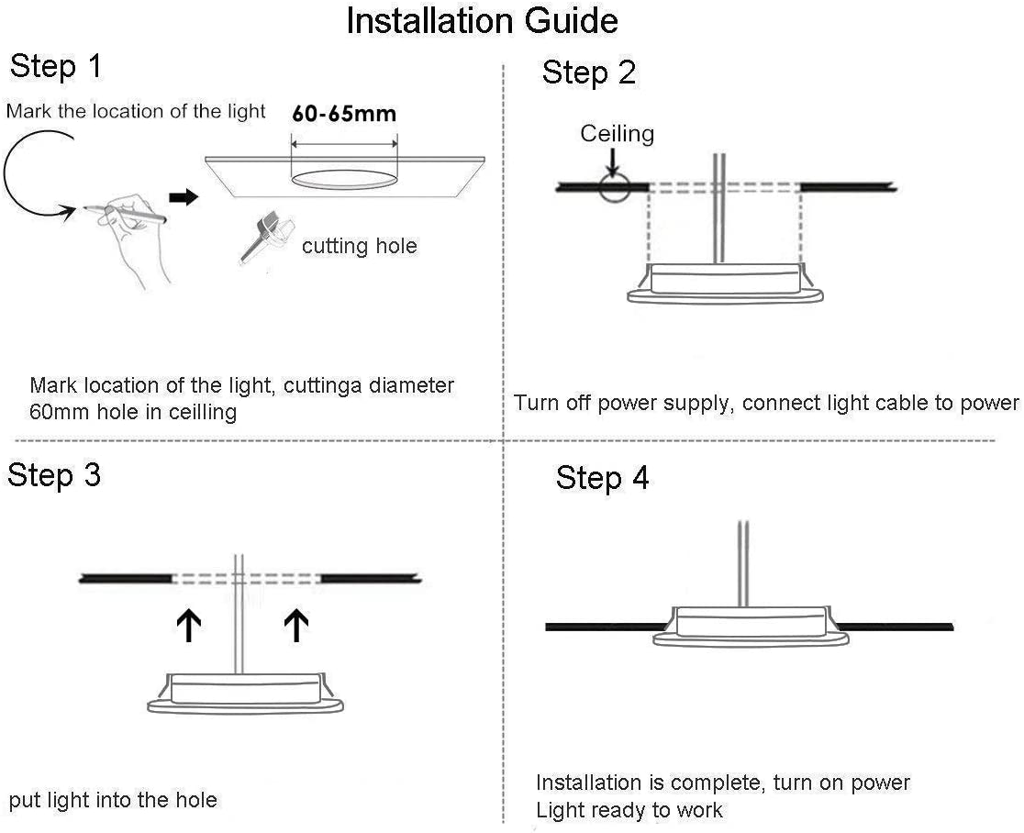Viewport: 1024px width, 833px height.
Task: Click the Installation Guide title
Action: pos(482,21)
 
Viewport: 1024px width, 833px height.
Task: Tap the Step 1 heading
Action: pos(57,67)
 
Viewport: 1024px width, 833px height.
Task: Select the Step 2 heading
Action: pos(588,72)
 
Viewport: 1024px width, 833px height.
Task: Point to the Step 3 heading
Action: pos(54,475)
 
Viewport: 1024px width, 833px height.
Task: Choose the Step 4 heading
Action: pos(602,478)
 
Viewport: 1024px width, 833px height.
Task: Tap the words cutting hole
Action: pos(359,246)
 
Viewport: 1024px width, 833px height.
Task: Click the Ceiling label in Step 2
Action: pos(617,134)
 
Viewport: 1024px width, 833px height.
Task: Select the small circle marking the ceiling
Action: pos(613,187)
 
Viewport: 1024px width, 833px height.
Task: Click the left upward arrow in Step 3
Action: pos(189,627)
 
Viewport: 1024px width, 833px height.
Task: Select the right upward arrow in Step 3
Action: pos(295,627)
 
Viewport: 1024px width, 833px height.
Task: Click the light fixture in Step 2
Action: pos(725,283)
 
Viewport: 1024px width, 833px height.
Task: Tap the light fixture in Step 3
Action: pos(246,693)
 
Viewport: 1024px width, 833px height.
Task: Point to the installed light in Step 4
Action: pos(750,625)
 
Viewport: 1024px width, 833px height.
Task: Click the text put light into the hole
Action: pos(113,801)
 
